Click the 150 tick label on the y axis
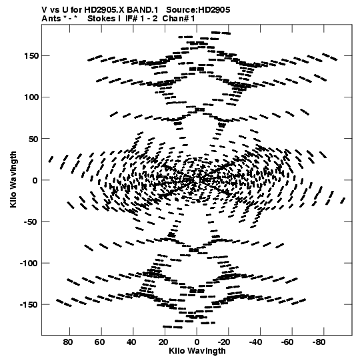31,56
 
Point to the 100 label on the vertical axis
31,97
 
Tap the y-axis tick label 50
33,139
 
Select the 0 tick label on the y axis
35,180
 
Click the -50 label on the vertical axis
31,222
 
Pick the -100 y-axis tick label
29,263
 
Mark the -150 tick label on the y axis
29,304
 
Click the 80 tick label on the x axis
68,342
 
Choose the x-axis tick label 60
99,342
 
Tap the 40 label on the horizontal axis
131,342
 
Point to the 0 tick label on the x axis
197,342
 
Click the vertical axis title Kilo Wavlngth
13,179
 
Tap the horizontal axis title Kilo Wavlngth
197,351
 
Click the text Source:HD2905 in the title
198,9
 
